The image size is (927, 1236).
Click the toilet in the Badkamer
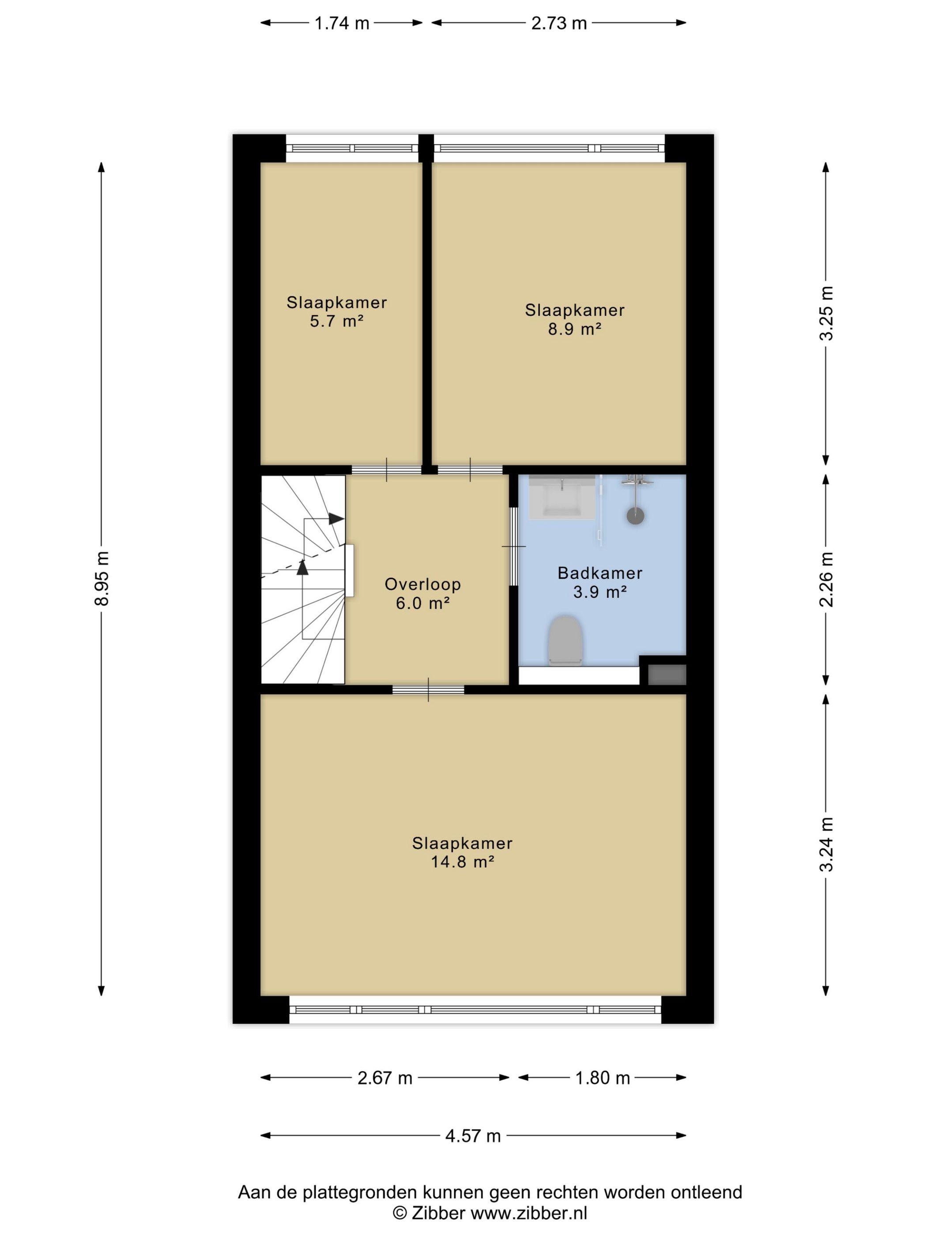pos(565,641)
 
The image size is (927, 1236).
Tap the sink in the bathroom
pos(561,497)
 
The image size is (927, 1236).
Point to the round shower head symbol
pos(635,515)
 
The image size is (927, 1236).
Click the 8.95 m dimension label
pos(102,579)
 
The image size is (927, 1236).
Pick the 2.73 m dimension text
pos(559,23)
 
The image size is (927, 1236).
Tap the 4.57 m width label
pos(473,1136)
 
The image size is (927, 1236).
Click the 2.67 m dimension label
pos(384,1078)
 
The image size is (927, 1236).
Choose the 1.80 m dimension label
pos(603,1078)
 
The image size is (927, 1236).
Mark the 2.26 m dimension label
pos(826,579)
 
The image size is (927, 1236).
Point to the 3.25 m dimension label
pos(826,313)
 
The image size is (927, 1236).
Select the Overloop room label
pos(422,584)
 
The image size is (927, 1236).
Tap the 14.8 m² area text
pos(463,861)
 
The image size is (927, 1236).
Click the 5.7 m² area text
pos(337,321)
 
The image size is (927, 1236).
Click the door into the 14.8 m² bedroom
pos(428,690)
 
